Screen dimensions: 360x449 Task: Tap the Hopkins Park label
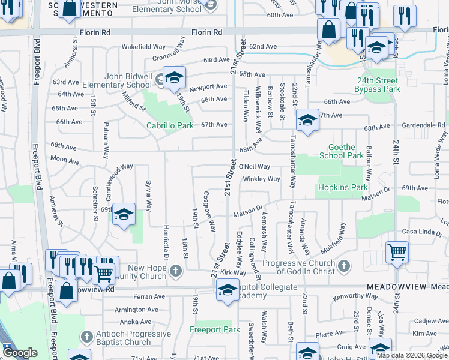tap(342, 188)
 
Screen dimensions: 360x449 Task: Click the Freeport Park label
tap(215, 329)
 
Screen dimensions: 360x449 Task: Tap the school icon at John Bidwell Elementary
tap(174, 77)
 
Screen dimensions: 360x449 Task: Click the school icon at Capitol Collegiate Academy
tap(227, 291)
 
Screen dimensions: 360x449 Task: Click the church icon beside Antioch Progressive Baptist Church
tap(88, 337)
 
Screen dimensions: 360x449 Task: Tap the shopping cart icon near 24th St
tap(397, 252)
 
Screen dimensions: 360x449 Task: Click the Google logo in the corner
tap(20, 353)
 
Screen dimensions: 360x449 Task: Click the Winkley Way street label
tap(261, 179)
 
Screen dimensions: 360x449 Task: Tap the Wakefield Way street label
tap(143, 46)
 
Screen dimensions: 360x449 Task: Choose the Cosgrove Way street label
tap(209, 212)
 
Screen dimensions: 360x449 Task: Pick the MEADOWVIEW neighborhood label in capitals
tap(397, 287)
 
